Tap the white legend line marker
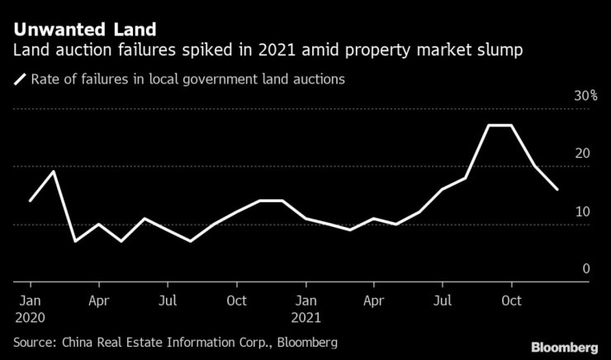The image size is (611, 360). pos(20,80)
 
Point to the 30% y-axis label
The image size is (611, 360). pos(586,97)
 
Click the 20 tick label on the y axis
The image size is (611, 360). pos(583,154)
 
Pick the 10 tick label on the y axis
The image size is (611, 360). pos(583,212)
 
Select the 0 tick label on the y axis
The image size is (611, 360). pos(586,269)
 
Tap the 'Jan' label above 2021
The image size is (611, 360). pos(305,300)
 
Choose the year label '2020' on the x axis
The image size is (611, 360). pos(30,316)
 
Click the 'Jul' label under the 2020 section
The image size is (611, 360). pos(167,300)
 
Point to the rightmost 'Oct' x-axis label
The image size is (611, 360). pos(513,300)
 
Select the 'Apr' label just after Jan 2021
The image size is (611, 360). pos(374,300)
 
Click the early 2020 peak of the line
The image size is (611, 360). pos(53,171)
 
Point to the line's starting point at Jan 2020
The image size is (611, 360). pos(30,201)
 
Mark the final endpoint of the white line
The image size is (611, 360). pos(558,189)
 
